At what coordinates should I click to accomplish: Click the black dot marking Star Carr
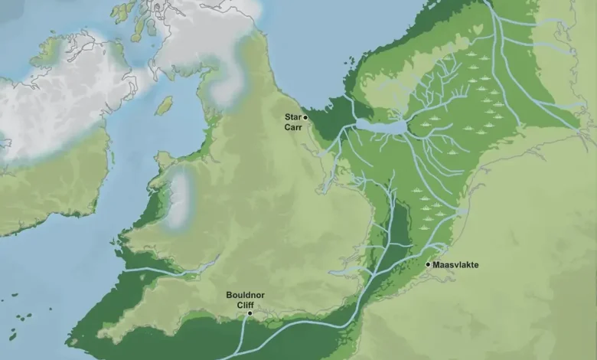point(305,117)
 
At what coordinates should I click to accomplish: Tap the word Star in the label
point(293,116)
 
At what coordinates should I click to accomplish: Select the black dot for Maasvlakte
point(428,264)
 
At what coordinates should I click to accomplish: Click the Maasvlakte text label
point(456,265)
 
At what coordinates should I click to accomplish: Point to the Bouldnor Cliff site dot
point(250,313)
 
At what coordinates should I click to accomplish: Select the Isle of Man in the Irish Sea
point(164,105)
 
